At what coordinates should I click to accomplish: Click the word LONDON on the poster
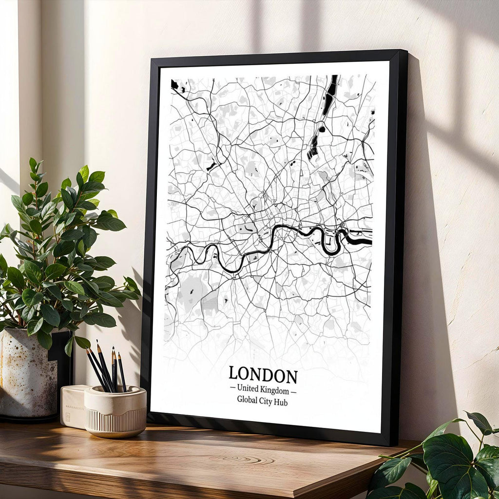point(263,375)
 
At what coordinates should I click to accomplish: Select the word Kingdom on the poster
point(275,390)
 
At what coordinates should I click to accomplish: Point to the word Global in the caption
point(249,401)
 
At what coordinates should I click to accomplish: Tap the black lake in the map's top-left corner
point(175,85)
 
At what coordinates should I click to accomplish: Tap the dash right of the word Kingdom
point(293,390)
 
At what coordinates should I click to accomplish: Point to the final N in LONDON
point(291,376)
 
